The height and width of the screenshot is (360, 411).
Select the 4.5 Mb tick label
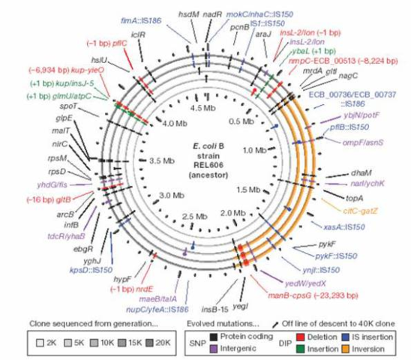(204, 106)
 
